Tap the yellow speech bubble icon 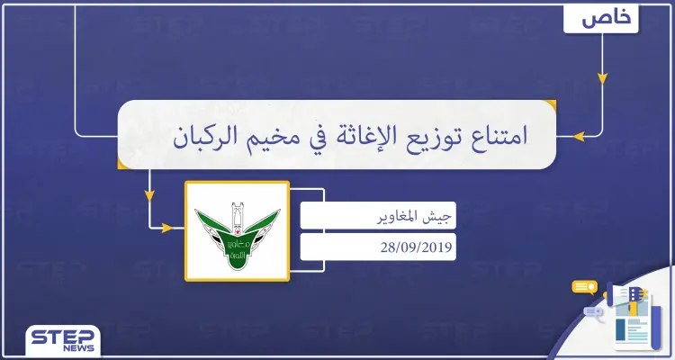click(585, 287)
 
